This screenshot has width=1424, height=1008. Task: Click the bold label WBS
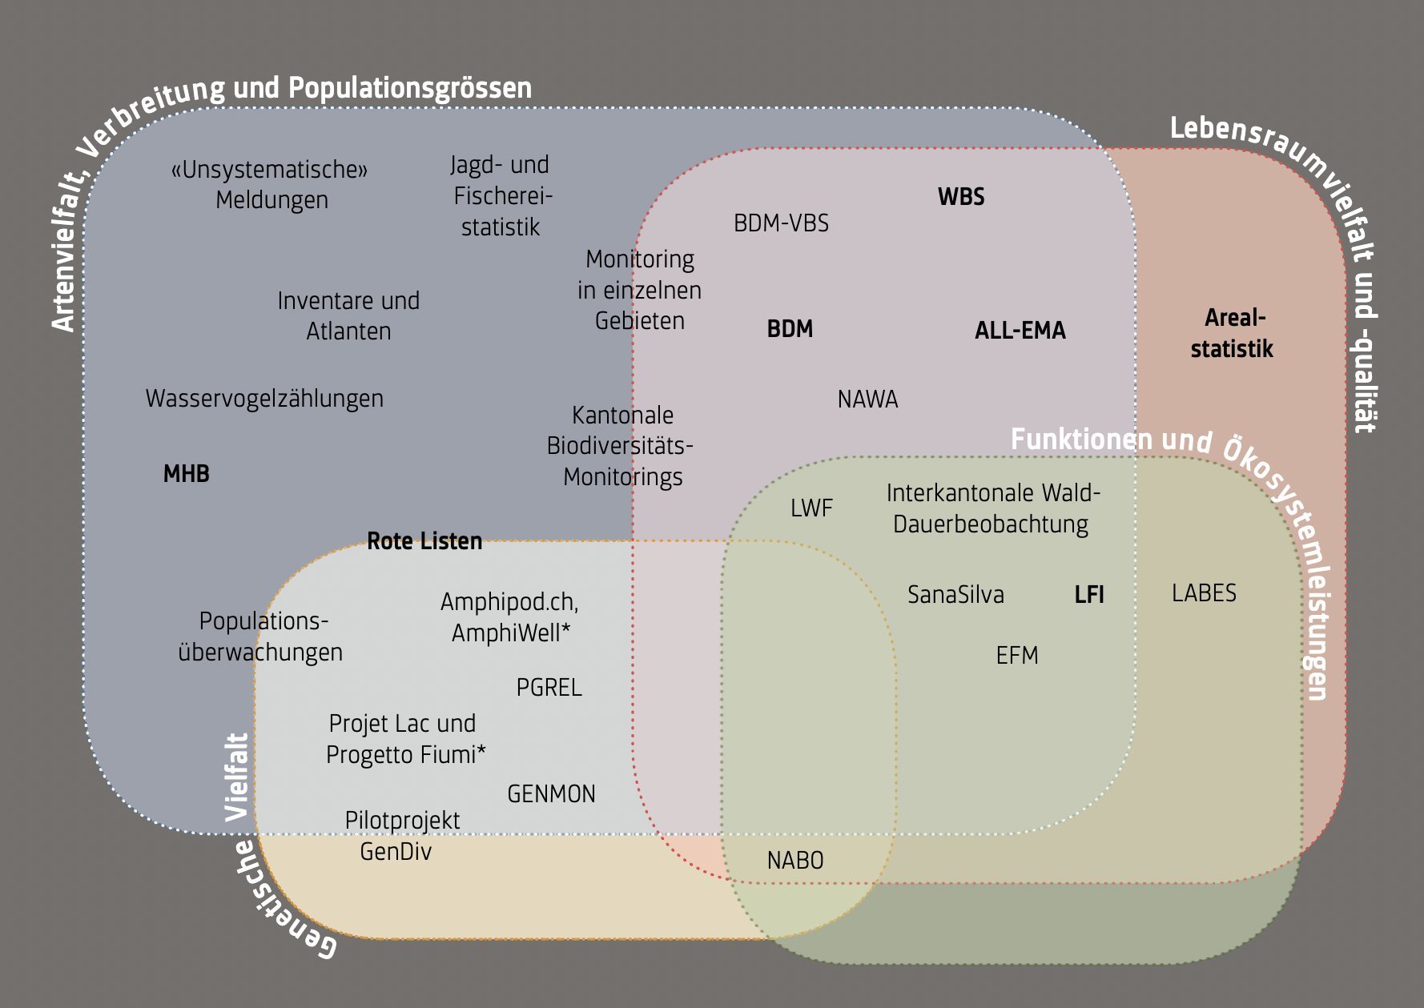(x=961, y=197)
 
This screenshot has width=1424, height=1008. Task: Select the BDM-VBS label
(x=781, y=223)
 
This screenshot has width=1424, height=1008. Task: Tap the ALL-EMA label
(x=1020, y=331)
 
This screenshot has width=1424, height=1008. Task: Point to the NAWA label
(x=867, y=399)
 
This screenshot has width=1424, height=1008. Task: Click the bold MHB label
(x=186, y=474)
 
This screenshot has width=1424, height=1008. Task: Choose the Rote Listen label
(x=424, y=541)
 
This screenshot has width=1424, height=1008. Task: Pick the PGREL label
(x=549, y=688)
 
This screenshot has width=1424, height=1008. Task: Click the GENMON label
(x=551, y=794)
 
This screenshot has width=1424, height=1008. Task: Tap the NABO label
(x=795, y=861)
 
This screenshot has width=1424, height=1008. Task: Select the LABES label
(x=1204, y=593)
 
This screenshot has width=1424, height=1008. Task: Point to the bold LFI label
(x=1089, y=595)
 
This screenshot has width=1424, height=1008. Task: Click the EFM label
(x=1017, y=656)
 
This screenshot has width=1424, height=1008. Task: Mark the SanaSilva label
(x=955, y=595)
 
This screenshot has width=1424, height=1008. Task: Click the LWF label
(x=811, y=508)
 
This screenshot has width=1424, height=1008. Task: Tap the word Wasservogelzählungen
(x=264, y=399)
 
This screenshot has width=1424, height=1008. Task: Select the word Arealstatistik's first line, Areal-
(x=1235, y=318)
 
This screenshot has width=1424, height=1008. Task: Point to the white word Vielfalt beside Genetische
(x=237, y=777)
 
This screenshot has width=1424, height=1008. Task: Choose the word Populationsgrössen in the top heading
(x=410, y=87)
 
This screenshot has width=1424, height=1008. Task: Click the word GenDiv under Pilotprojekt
(x=396, y=852)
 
